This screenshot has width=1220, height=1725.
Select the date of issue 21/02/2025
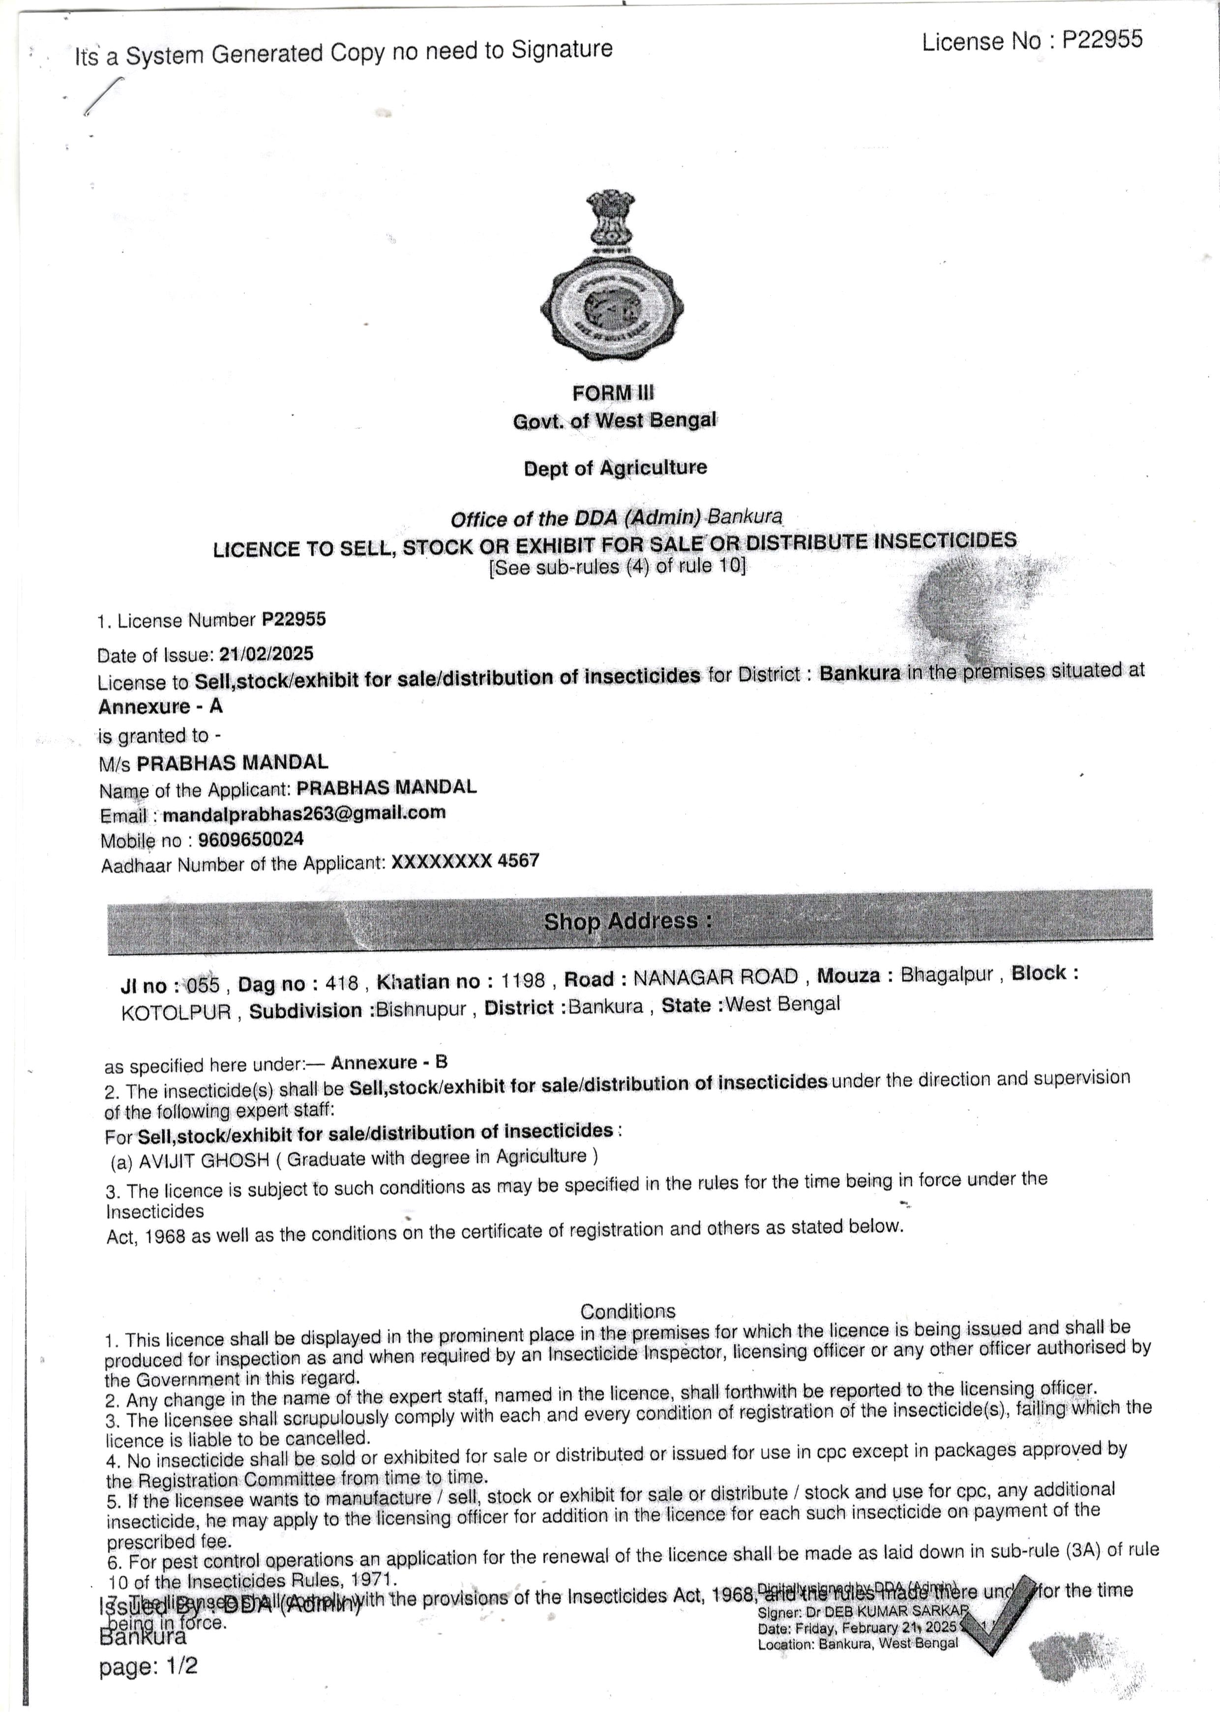pos(266,654)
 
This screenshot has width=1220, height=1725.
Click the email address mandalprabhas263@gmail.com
pos(304,813)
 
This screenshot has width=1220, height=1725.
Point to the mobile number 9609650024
pos(251,839)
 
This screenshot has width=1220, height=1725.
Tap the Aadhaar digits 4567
pos(518,860)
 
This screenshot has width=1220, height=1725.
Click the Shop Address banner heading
pos(628,921)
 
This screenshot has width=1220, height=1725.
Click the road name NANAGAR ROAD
pos(715,977)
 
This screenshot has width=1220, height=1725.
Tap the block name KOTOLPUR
pos(176,1012)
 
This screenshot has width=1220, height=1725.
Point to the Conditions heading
pos(628,1311)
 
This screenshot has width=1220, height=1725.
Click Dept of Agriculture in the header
pos(615,467)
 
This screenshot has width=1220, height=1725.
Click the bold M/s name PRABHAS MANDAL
pos(232,762)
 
